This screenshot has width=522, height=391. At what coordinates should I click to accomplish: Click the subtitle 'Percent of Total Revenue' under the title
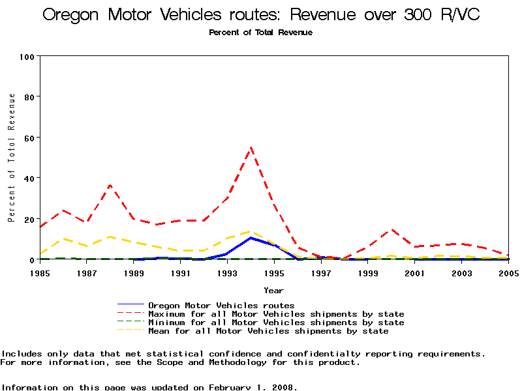[x=260, y=33]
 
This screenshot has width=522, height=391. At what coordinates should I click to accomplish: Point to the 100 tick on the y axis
[x=27, y=56]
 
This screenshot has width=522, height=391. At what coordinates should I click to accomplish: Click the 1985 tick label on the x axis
[x=40, y=273]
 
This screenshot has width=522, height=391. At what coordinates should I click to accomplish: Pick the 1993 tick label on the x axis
[x=226, y=273]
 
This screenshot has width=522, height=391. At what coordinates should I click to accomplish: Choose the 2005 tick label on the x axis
[x=507, y=273]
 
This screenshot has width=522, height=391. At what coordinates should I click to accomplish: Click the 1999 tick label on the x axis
[x=367, y=273]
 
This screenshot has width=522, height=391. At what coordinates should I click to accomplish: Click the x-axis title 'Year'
[x=273, y=290]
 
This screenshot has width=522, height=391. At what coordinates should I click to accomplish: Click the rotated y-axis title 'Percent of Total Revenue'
[x=12, y=158]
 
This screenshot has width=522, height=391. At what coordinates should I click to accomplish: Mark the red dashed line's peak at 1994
[x=251, y=147]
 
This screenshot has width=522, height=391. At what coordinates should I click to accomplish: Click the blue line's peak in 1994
[x=251, y=238]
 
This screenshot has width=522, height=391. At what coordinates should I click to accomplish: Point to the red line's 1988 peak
[x=110, y=185]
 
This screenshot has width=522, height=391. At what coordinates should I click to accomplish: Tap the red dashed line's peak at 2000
[x=391, y=229]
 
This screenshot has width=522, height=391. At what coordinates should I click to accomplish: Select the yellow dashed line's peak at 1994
[x=251, y=231]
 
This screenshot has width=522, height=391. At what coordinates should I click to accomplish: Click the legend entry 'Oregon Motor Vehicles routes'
[x=221, y=305]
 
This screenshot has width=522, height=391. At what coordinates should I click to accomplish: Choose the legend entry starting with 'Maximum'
[x=276, y=314]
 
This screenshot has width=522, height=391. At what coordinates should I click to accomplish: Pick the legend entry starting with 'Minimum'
[x=276, y=323]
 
